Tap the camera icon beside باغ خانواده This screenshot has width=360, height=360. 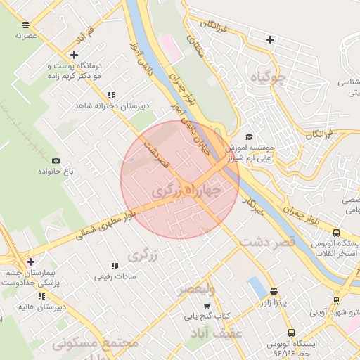point(56,160)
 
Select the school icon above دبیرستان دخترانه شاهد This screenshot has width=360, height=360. point(111,95)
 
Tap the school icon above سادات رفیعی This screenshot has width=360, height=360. point(114,266)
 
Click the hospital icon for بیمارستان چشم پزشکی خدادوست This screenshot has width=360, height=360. point(30,262)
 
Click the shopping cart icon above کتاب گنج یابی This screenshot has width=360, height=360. point(206,306)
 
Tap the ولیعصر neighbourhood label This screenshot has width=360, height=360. point(200,289)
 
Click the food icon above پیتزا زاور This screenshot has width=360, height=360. point(274,291)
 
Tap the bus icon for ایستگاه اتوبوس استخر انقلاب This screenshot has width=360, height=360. point(336,233)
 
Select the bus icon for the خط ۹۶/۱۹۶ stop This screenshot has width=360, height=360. point(291,333)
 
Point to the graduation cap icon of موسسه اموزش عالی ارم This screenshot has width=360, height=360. point(248,137)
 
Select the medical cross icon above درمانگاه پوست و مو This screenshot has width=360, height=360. point(74,55)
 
